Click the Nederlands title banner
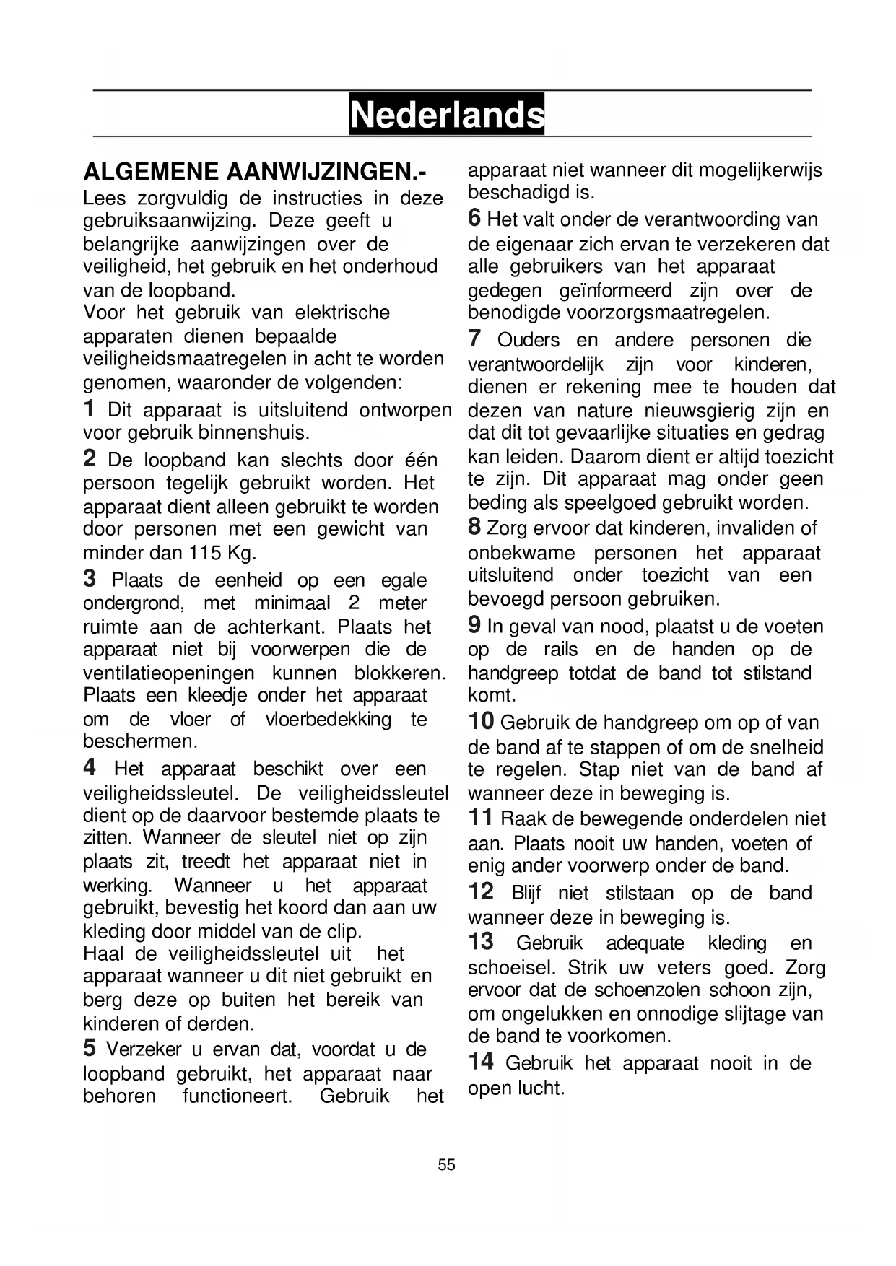point(447,114)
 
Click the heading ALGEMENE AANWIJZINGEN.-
point(255,172)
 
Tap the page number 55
point(446,1164)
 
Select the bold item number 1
point(89,409)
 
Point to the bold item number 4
point(90,767)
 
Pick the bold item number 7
point(474,338)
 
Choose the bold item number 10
point(481,720)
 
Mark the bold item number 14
point(481,1061)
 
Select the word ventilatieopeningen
point(169,673)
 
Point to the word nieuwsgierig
point(700,411)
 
